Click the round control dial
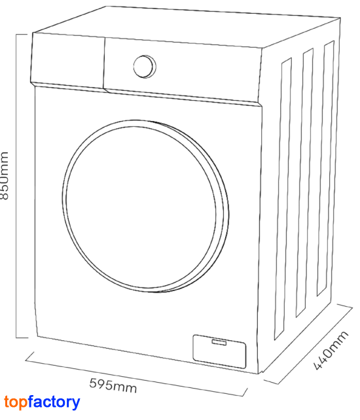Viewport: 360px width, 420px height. click(145, 67)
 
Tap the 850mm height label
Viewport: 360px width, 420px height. click(5, 176)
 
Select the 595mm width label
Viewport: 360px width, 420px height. click(113, 385)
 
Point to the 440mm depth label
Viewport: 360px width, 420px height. click(331, 351)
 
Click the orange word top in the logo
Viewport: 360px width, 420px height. click(16, 402)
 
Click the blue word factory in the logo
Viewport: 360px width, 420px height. click(54, 402)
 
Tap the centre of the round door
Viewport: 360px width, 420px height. click(145, 206)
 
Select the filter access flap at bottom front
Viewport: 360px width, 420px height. click(219, 351)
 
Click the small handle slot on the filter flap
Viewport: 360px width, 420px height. click(219, 342)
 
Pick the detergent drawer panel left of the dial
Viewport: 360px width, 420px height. click(67, 61)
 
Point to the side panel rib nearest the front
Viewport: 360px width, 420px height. click(283, 199)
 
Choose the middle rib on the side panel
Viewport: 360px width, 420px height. click(304, 183)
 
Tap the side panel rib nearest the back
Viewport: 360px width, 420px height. click(325, 168)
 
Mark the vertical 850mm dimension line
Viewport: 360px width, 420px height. click(16, 186)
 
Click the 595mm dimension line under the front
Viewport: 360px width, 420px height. click(137, 374)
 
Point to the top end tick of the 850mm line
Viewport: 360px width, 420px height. click(22, 34)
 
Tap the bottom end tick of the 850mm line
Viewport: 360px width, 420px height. click(22, 338)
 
